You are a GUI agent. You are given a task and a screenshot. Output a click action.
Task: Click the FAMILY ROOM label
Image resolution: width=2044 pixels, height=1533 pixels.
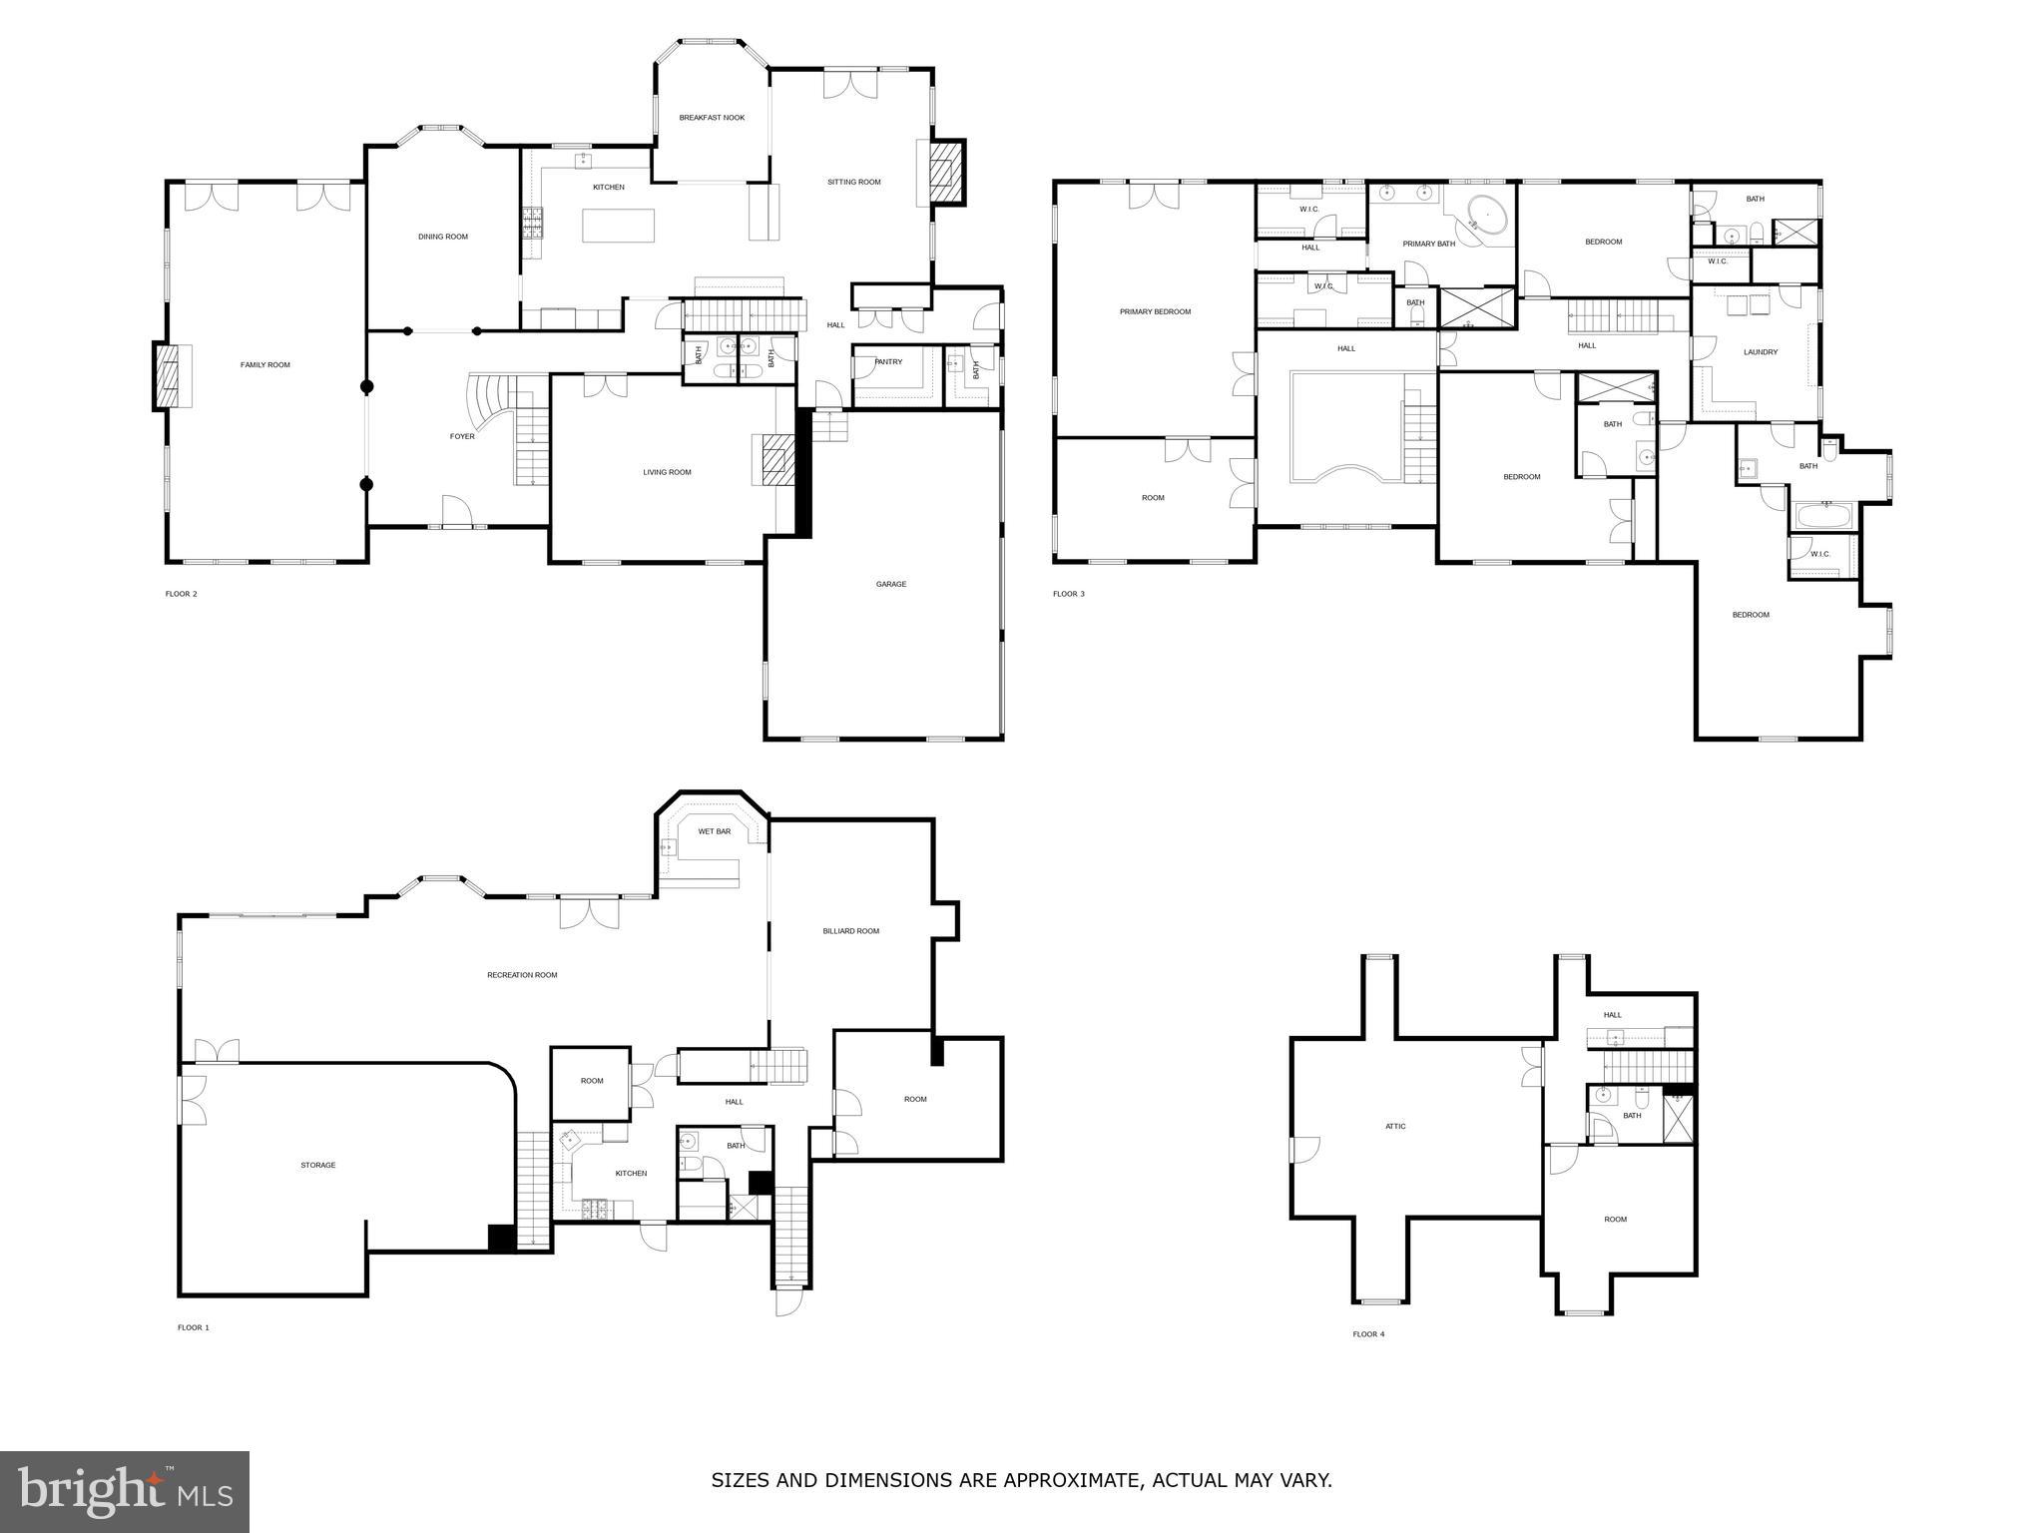(264, 365)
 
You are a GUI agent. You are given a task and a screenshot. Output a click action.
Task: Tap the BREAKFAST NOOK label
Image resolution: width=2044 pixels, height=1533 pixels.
(712, 118)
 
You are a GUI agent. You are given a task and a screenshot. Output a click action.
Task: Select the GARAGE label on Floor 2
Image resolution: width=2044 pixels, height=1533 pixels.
(890, 584)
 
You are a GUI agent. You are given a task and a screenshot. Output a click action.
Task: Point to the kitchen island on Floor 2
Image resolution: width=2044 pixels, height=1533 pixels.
(619, 226)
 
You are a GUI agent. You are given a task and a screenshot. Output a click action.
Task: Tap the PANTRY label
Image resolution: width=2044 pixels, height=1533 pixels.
(887, 362)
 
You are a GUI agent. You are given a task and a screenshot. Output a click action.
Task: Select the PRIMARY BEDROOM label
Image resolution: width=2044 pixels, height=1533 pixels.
(1155, 312)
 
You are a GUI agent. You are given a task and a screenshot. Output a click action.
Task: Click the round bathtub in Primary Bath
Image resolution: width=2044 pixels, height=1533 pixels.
(1485, 215)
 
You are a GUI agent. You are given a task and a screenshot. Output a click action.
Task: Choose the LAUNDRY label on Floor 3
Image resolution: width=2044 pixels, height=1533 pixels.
(1760, 352)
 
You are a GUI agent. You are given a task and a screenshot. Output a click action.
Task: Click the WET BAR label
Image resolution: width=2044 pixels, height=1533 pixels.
(714, 831)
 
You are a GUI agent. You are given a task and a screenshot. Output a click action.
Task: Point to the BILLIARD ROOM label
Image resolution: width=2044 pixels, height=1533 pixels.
(850, 931)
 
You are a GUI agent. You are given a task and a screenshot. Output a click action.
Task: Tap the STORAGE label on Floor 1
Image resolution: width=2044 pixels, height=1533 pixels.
(318, 1165)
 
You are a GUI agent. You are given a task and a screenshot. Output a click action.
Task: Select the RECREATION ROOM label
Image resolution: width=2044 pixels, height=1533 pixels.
(522, 975)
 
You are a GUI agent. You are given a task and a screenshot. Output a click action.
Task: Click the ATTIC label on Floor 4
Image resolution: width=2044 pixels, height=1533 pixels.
(1395, 1127)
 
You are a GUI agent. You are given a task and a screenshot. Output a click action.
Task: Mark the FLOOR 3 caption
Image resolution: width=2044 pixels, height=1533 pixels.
(1068, 594)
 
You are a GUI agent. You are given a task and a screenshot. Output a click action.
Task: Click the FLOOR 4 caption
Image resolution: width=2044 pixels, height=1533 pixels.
(1368, 1334)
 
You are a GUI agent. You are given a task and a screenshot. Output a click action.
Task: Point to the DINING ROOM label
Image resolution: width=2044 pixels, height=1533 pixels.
(442, 238)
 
